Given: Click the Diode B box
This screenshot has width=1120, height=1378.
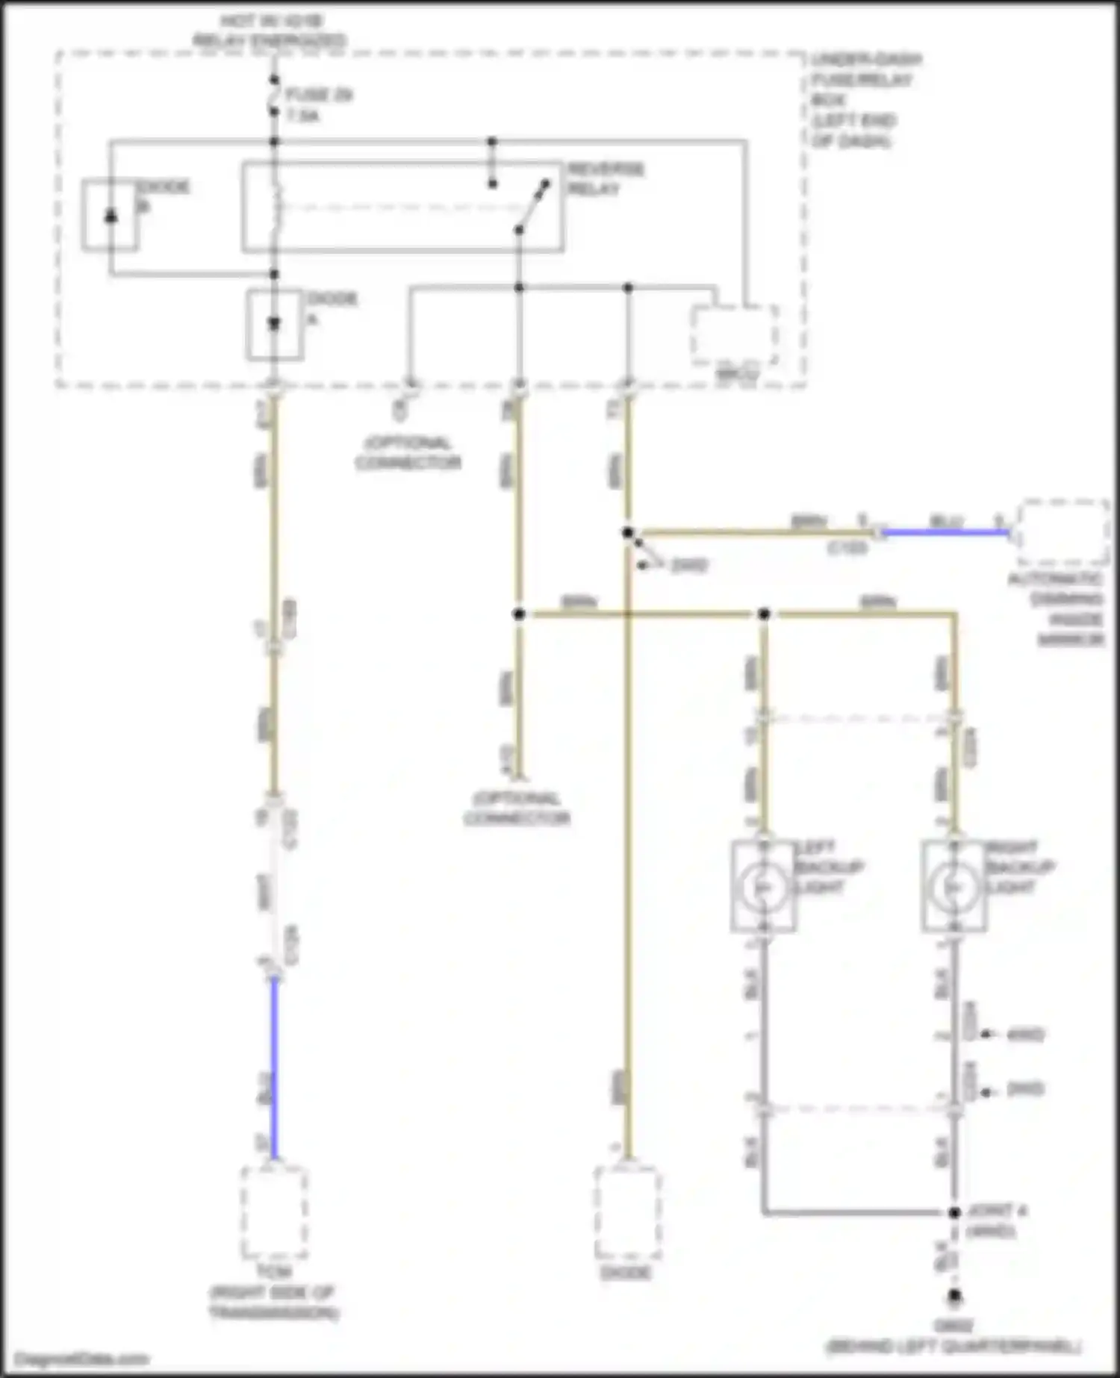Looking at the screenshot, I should point(110,215).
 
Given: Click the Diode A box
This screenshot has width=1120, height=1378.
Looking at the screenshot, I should point(275,325).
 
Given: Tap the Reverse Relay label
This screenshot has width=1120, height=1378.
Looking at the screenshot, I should point(605,178).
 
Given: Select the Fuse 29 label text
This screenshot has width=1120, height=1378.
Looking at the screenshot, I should point(318,105).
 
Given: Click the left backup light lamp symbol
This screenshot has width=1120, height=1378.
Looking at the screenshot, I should point(763,886).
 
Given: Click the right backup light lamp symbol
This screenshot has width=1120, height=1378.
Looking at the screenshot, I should point(953,886).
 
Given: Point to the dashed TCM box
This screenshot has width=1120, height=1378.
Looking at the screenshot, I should point(274,1212).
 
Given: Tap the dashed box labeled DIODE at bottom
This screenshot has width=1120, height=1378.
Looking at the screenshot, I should point(627,1212).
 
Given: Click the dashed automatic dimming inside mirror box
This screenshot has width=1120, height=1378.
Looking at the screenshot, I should point(1063,532).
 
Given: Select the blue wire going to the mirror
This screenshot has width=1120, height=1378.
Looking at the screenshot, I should point(945,533).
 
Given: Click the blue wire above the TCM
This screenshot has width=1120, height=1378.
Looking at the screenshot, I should point(274,1067).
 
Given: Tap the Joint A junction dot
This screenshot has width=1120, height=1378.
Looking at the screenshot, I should point(954,1213).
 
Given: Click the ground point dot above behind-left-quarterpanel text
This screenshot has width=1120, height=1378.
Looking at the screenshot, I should point(954,1297).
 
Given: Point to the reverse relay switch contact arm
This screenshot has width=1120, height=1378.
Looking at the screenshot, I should point(532,207).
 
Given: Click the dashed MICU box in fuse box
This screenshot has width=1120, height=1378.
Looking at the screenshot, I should point(735,336).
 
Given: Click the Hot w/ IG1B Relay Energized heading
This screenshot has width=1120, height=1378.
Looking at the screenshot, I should point(270,31).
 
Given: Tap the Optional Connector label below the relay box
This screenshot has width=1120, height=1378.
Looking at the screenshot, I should point(408,453).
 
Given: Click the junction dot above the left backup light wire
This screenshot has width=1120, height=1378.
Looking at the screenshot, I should point(764,614).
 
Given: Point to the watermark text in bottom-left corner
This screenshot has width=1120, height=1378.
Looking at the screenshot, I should point(82,1359).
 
